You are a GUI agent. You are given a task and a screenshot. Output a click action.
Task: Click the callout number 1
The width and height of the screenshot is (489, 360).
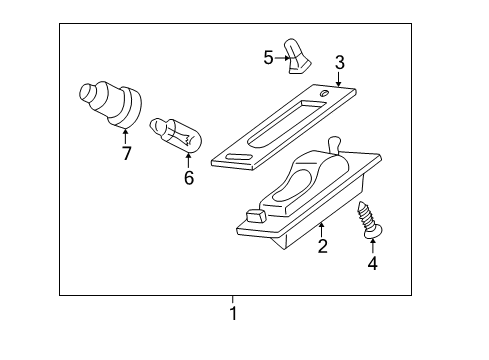(x=233, y=313)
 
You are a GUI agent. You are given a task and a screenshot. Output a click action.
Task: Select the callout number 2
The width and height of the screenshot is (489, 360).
(x=322, y=245)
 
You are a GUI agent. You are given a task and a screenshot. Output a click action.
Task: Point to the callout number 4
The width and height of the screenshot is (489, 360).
(x=373, y=264)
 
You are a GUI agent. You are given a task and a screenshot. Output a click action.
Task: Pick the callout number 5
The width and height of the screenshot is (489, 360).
(x=268, y=57)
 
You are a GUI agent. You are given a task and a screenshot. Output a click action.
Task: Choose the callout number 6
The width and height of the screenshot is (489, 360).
(x=187, y=178)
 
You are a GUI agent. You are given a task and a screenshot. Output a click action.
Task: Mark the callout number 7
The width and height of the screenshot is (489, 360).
(x=126, y=153)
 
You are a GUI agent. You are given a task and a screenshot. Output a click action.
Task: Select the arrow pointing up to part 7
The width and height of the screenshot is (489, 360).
(x=126, y=135)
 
